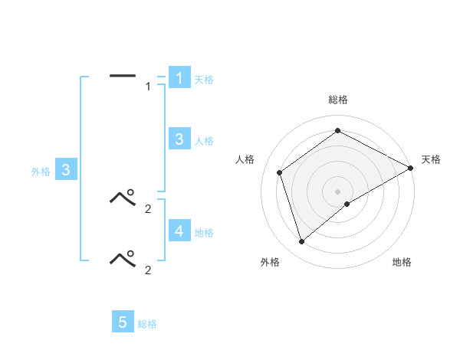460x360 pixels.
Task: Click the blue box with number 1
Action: click(x=179, y=78)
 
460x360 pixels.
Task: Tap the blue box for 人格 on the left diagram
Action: click(x=179, y=139)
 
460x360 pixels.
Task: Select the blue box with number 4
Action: click(x=179, y=231)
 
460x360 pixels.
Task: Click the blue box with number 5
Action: click(x=123, y=322)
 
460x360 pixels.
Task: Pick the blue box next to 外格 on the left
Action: click(x=66, y=170)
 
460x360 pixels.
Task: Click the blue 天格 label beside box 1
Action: click(x=204, y=80)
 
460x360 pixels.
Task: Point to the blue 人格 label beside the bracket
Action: click(x=204, y=141)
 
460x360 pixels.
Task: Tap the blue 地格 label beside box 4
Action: click(x=204, y=233)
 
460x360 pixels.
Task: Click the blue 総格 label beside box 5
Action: click(x=147, y=325)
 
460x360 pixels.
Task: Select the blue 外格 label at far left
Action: click(x=41, y=172)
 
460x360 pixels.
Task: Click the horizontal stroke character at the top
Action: click(x=123, y=75)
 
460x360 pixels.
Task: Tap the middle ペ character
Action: click(x=123, y=198)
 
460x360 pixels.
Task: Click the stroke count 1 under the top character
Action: click(x=148, y=87)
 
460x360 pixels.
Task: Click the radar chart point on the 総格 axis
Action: click(x=338, y=131)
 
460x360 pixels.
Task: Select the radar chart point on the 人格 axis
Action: click(x=280, y=172)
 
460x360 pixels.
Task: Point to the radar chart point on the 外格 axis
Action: click(x=301, y=242)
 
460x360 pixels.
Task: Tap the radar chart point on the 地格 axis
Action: click(x=347, y=204)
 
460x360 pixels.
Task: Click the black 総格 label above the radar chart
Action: click(x=338, y=100)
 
